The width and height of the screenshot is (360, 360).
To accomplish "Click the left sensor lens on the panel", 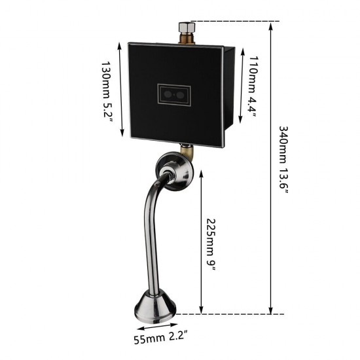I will coord(168,95).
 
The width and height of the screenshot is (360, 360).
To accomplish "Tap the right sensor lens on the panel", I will coord(180,95).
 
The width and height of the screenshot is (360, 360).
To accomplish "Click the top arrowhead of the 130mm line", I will coord(120,46).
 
